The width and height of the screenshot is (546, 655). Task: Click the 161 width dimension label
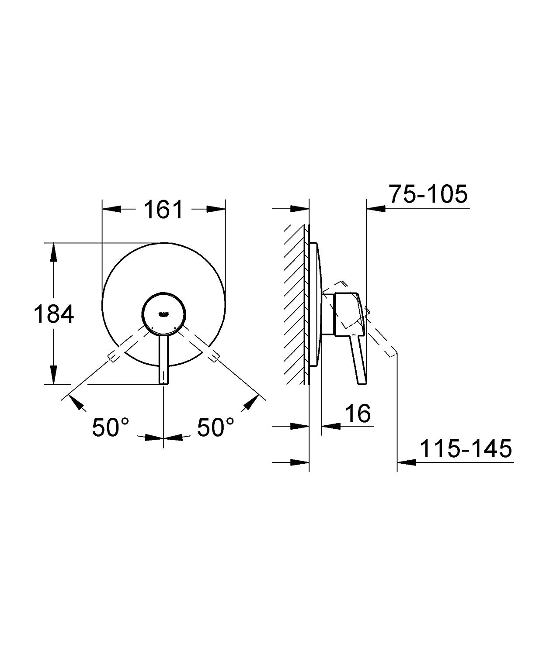coord(163,210)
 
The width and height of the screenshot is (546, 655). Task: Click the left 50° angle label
coord(111,427)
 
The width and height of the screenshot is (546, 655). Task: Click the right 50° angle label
coord(216,427)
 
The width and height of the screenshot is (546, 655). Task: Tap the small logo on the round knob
coord(163,314)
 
